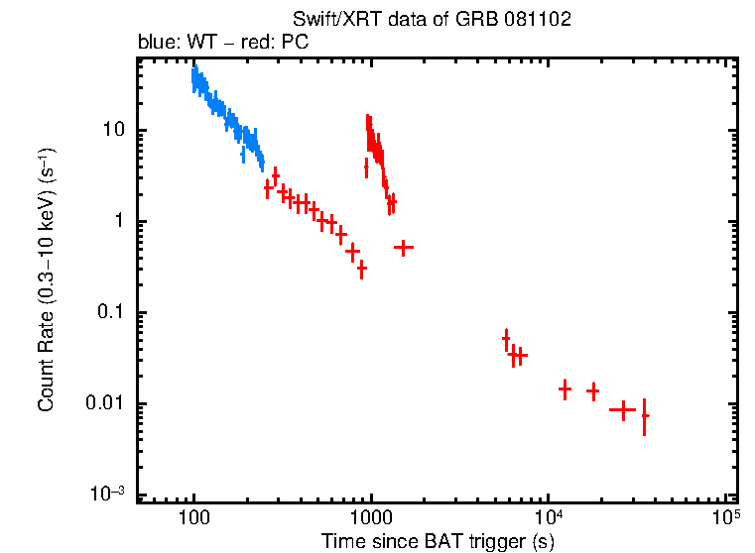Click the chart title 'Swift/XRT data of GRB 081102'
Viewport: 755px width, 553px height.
[432, 20]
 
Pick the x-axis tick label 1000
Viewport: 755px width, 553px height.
[371, 517]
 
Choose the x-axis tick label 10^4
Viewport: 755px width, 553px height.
[549, 516]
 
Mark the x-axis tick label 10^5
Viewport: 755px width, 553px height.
[726, 516]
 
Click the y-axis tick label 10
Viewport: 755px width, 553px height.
[112, 131]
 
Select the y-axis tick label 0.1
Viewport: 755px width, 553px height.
[108, 313]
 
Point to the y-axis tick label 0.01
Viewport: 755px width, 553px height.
[104, 404]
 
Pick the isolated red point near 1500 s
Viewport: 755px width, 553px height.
[403, 247]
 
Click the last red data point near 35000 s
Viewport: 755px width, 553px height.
[645, 416]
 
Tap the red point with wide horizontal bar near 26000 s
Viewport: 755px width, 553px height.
[622, 408]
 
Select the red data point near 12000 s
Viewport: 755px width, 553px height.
[565, 389]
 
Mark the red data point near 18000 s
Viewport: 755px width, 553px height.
[593, 390]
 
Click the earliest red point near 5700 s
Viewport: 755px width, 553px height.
[506, 339]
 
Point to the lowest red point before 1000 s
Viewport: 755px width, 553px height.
[362, 269]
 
